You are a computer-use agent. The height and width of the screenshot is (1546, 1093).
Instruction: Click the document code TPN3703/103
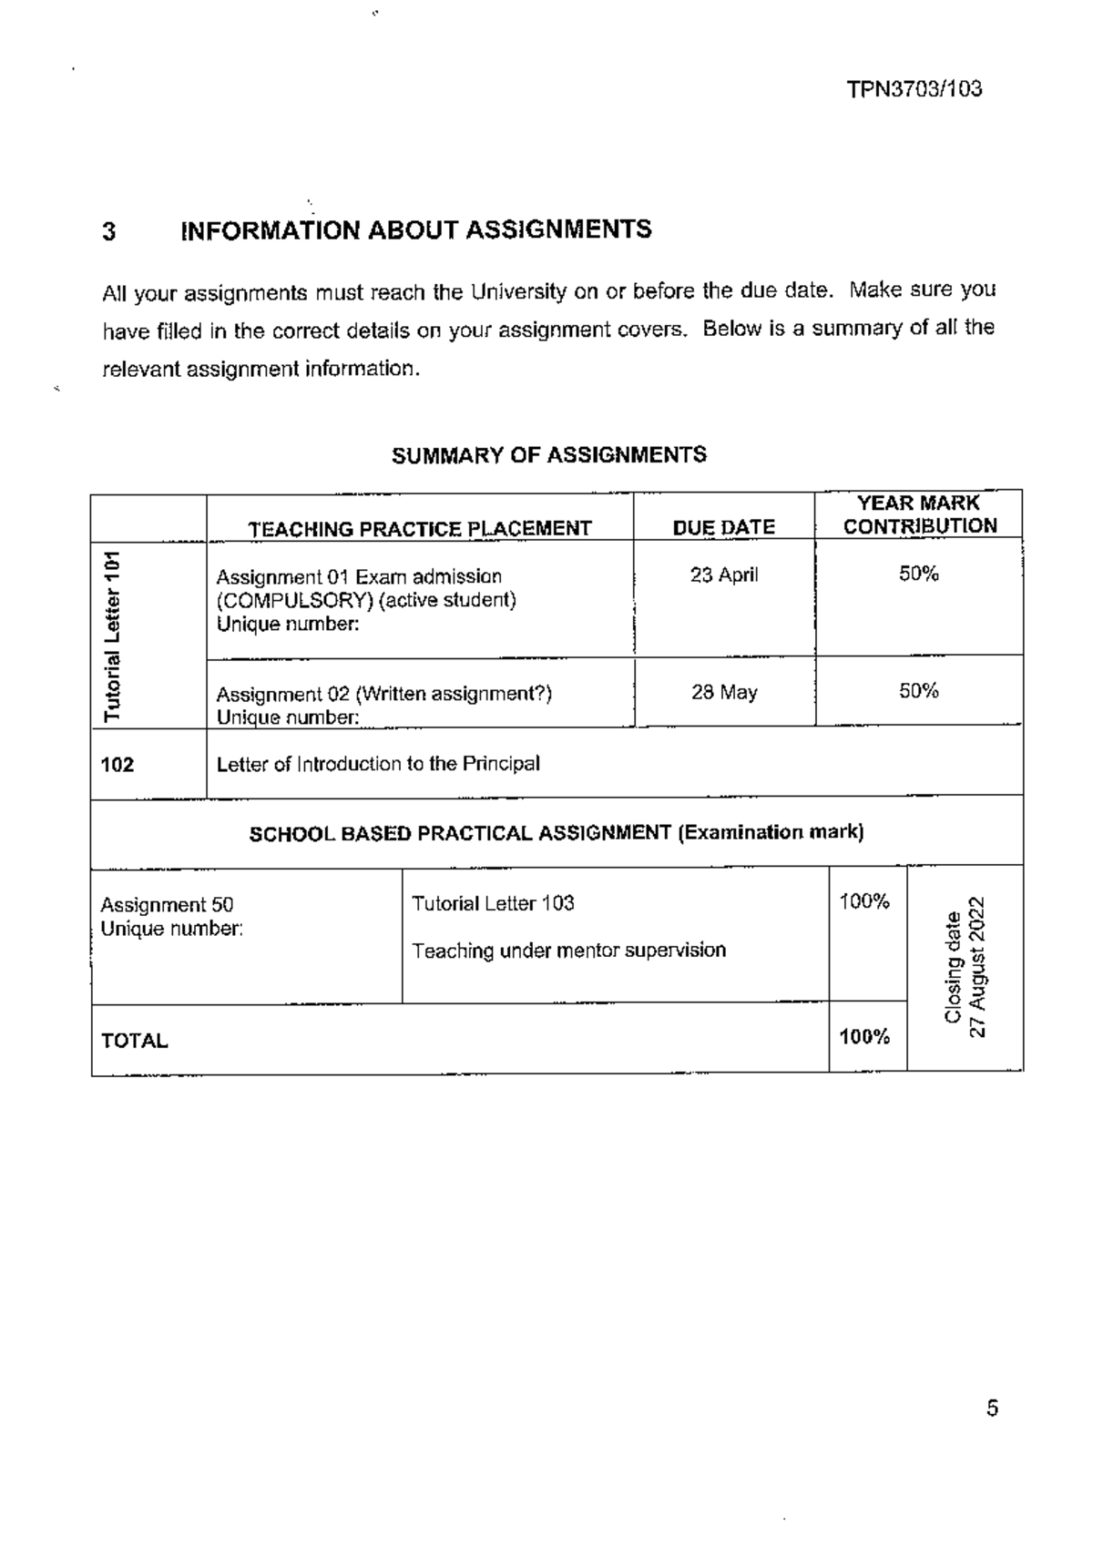click(914, 89)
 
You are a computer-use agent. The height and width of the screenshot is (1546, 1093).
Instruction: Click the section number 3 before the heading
click(109, 231)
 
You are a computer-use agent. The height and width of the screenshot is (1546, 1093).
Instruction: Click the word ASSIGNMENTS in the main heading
click(558, 229)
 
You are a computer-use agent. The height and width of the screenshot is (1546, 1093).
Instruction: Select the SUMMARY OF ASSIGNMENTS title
click(548, 455)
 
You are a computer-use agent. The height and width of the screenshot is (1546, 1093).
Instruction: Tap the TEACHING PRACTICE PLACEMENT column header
click(420, 528)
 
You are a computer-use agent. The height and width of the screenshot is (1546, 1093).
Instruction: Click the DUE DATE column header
click(723, 527)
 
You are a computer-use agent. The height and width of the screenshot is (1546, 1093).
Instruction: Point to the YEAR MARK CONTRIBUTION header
click(919, 514)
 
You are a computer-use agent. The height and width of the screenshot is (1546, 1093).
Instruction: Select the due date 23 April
click(723, 575)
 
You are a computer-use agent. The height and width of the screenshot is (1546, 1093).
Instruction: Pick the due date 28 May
click(723, 692)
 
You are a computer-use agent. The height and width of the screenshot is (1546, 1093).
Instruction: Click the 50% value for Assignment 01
click(918, 574)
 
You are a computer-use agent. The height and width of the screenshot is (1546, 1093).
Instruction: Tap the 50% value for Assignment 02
click(918, 690)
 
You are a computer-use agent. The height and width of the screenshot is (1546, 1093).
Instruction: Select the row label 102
click(117, 764)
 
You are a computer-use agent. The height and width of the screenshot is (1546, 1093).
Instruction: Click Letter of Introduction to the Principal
click(378, 764)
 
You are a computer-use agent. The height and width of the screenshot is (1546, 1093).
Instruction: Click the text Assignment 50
click(167, 904)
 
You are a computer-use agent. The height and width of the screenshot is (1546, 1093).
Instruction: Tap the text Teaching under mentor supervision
click(568, 951)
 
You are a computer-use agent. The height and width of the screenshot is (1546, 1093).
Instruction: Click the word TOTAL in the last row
click(134, 1041)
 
